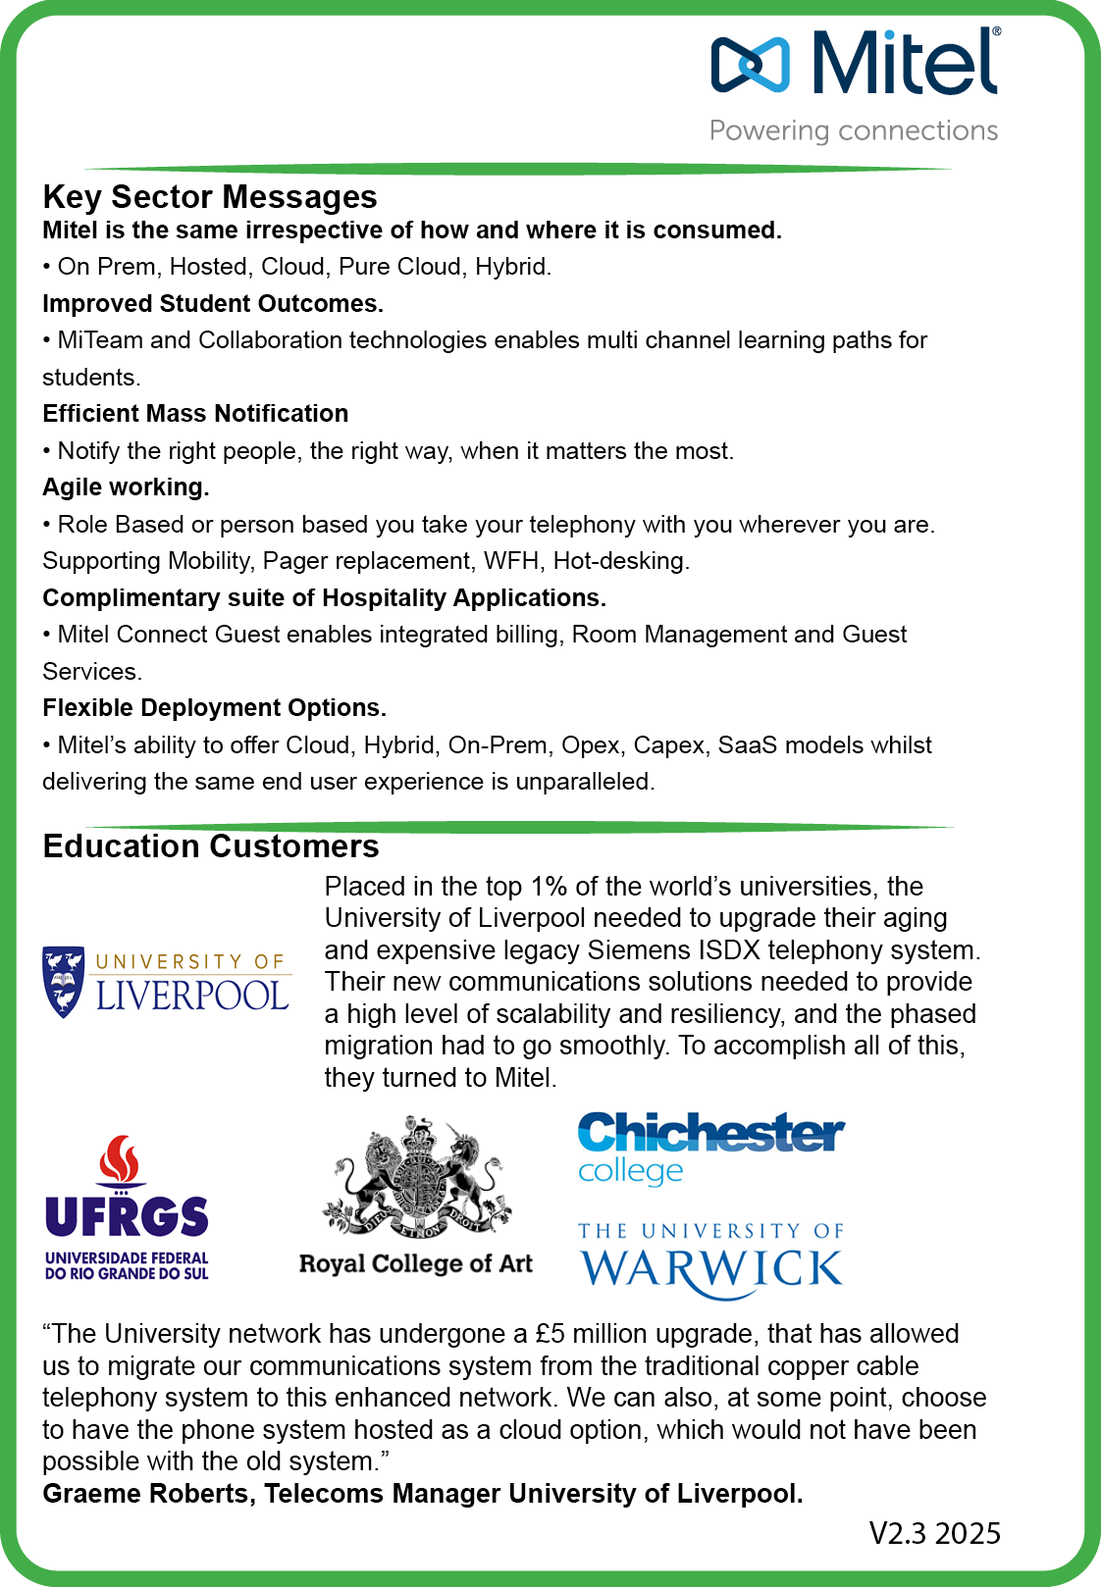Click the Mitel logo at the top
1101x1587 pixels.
[x=854, y=63]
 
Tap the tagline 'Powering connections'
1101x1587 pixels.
[x=854, y=130]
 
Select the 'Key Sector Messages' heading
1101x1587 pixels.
[x=209, y=197]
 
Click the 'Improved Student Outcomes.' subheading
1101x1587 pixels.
[x=212, y=304]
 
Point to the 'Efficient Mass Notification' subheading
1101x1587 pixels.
[x=195, y=414]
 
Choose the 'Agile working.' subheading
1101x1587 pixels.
[x=126, y=487]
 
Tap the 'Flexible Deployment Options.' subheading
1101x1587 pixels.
[x=214, y=708]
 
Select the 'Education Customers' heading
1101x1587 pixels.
[x=210, y=846]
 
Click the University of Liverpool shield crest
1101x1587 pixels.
[x=64, y=981]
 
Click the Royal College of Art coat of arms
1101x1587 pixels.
[x=417, y=1177]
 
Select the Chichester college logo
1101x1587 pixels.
[x=710, y=1148]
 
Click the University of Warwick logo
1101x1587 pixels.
[x=710, y=1259]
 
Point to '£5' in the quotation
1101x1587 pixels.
[x=550, y=1334]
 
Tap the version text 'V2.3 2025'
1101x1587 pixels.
[x=934, y=1533]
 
